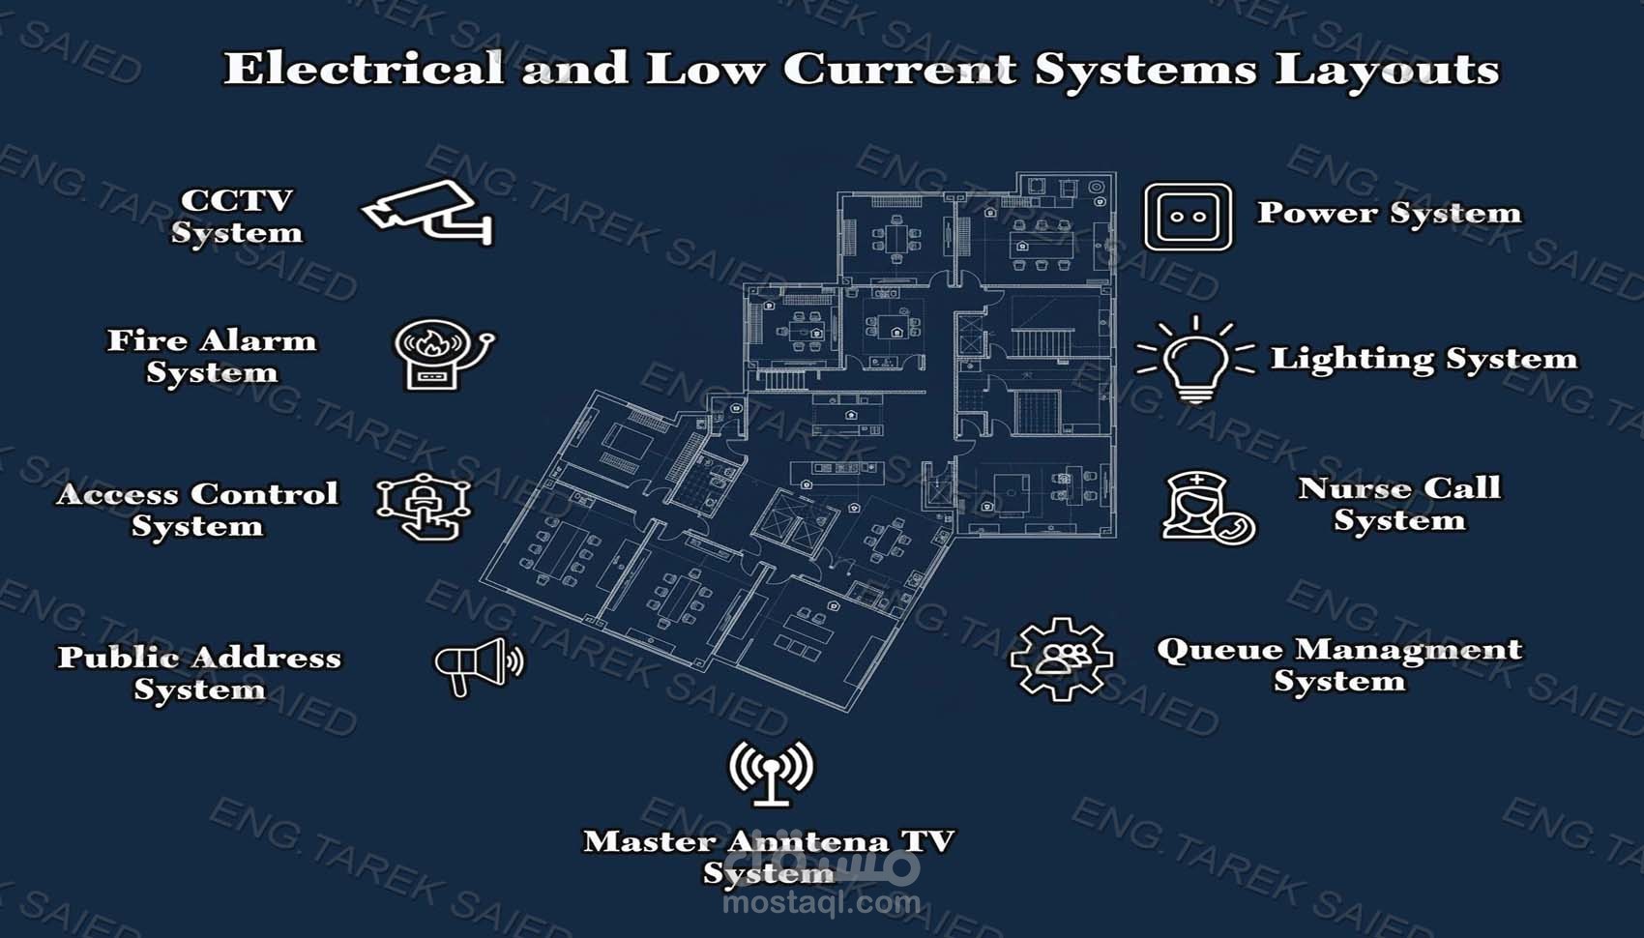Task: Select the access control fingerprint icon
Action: click(x=424, y=507)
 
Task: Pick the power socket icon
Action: click(x=1189, y=217)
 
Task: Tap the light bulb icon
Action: click(x=1195, y=361)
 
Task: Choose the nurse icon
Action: click(x=1207, y=507)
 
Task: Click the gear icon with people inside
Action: click(x=1061, y=659)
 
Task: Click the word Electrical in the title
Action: click(x=364, y=70)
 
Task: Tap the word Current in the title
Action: click(x=900, y=70)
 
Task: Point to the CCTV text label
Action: click(x=236, y=200)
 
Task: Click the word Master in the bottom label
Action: click(x=648, y=841)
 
